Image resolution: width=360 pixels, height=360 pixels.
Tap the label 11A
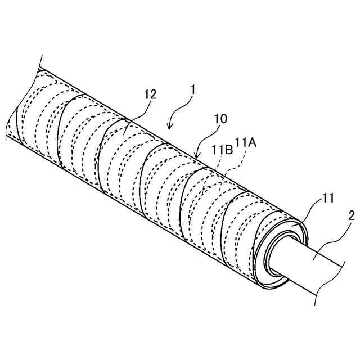click(246, 144)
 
